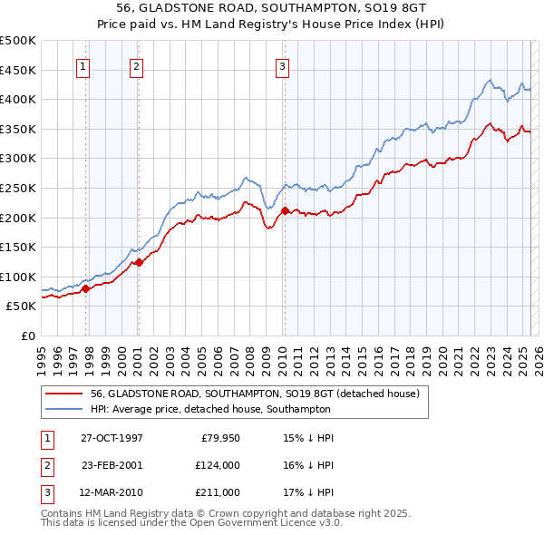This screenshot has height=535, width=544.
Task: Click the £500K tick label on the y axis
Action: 18,41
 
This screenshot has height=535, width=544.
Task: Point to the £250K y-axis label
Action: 18,188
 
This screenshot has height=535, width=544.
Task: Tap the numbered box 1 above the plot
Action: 83,65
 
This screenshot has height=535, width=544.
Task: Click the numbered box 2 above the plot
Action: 136,65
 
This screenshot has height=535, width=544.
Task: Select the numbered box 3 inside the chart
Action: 282,65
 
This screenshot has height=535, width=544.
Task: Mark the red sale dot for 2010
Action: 285,211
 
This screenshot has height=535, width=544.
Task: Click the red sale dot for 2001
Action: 140,262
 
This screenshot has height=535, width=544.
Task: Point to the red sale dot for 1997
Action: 86,288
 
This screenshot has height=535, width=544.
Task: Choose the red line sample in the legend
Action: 63,394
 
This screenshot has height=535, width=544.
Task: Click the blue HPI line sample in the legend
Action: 63,409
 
